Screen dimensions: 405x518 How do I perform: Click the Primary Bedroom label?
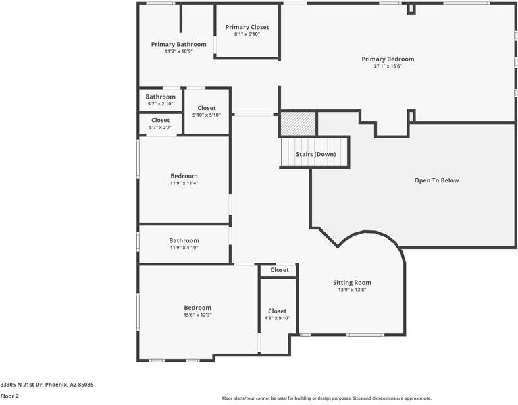coord(388,59)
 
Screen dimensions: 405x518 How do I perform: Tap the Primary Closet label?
coord(247,27)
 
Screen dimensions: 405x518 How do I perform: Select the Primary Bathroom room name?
coord(178,44)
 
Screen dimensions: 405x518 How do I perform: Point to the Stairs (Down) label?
coord(315,154)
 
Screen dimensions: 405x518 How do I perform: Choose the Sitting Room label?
coord(352,282)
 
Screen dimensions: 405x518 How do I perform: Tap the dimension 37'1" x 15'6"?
coord(388,66)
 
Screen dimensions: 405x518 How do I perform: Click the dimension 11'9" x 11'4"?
coord(184,183)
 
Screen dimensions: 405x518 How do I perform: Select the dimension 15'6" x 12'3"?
coord(197,315)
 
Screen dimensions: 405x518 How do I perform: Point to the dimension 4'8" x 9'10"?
coord(277,318)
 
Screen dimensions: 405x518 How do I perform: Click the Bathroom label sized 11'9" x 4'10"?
coord(184,240)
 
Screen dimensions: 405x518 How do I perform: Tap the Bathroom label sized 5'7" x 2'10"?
coord(160,97)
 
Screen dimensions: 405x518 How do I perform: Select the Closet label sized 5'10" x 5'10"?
coord(207,108)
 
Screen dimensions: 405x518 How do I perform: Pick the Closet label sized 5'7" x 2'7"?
coord(160,120)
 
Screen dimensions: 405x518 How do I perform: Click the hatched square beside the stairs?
coord(298,124)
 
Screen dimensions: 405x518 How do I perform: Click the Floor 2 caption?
coord(9,396)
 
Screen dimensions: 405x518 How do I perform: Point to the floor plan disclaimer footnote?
coord(327,398)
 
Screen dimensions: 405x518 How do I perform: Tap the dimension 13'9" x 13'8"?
coord(352,290)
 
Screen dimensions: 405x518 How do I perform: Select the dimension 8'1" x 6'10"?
coord(247,34)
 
